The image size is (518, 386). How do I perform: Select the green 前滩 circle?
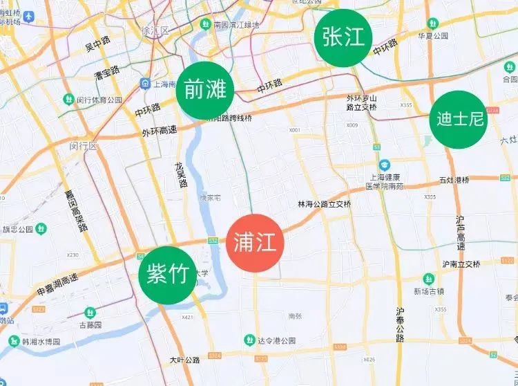[205, 90]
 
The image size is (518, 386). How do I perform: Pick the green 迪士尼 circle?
[458, 120]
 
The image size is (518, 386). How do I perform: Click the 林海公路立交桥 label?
[324, 205]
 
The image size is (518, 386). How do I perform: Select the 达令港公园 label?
[276, 340]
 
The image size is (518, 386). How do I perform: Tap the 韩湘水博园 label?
[40, 342]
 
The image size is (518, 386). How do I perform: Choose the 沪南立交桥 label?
[461, 264]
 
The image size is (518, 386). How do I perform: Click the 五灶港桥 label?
[454, 181]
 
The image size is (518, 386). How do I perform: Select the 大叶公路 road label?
[184, 360]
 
